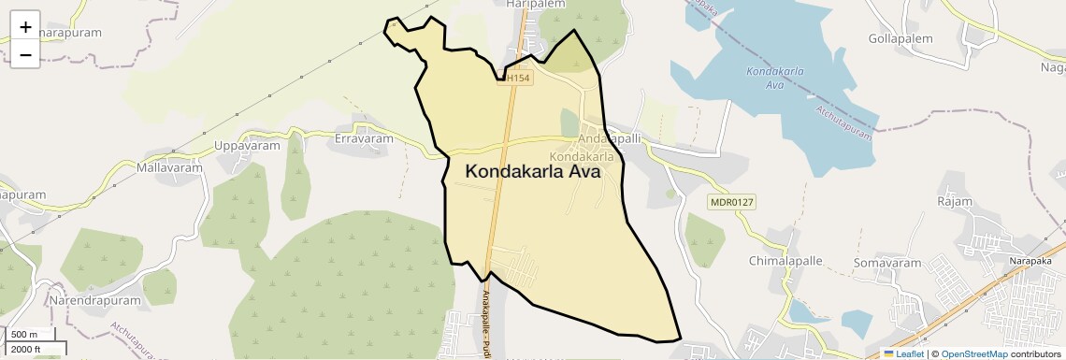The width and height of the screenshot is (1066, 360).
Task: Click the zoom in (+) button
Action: [25, 26]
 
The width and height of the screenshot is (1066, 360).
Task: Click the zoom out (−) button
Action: [25, 55]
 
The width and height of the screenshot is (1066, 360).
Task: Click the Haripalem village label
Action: [531, 5]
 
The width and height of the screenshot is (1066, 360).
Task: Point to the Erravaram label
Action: [364, 138]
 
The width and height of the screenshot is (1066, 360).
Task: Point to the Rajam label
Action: [954, 201]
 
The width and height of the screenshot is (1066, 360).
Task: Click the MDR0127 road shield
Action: [731, 202]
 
